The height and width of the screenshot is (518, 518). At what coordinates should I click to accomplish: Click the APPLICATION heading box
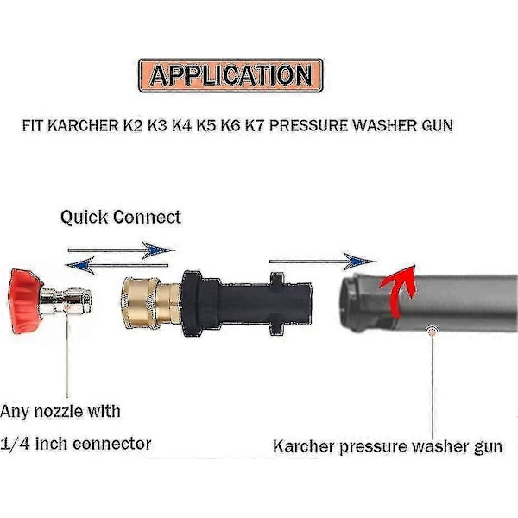click(230, 75)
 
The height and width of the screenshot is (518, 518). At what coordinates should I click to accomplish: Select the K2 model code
click(127, 126)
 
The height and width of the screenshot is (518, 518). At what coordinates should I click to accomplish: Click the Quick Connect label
click(121, 217)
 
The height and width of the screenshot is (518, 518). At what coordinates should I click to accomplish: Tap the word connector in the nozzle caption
click(112, 444)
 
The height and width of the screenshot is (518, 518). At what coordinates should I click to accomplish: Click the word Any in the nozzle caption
click(19, 412)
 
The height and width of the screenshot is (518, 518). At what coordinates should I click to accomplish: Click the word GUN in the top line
click(436, 126)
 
